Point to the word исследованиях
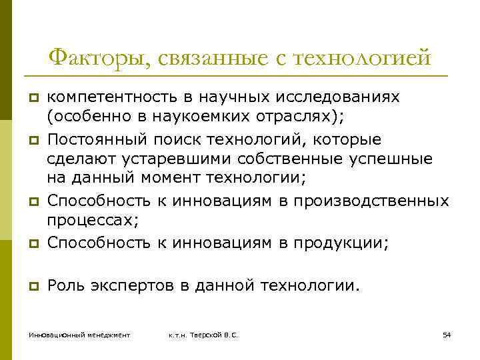[344, 98]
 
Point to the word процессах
[87, 219]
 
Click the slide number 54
[447, 333]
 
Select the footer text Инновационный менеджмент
[79, 333]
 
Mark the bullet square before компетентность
[30, 99]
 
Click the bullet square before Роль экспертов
[30, 287]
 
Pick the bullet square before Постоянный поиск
[30, 141]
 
